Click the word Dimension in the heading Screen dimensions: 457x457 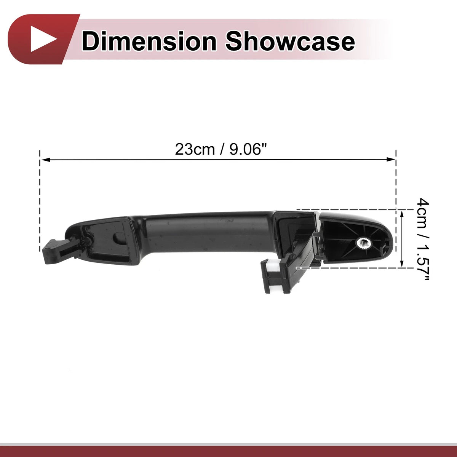coord(149,42)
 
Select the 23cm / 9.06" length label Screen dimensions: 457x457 coord(221,150)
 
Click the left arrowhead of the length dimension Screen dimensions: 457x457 coord(45,160)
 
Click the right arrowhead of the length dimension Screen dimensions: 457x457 coord(391,159)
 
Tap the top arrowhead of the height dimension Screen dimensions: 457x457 coord(402,215)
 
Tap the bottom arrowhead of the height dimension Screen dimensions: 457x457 coord(402,263)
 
